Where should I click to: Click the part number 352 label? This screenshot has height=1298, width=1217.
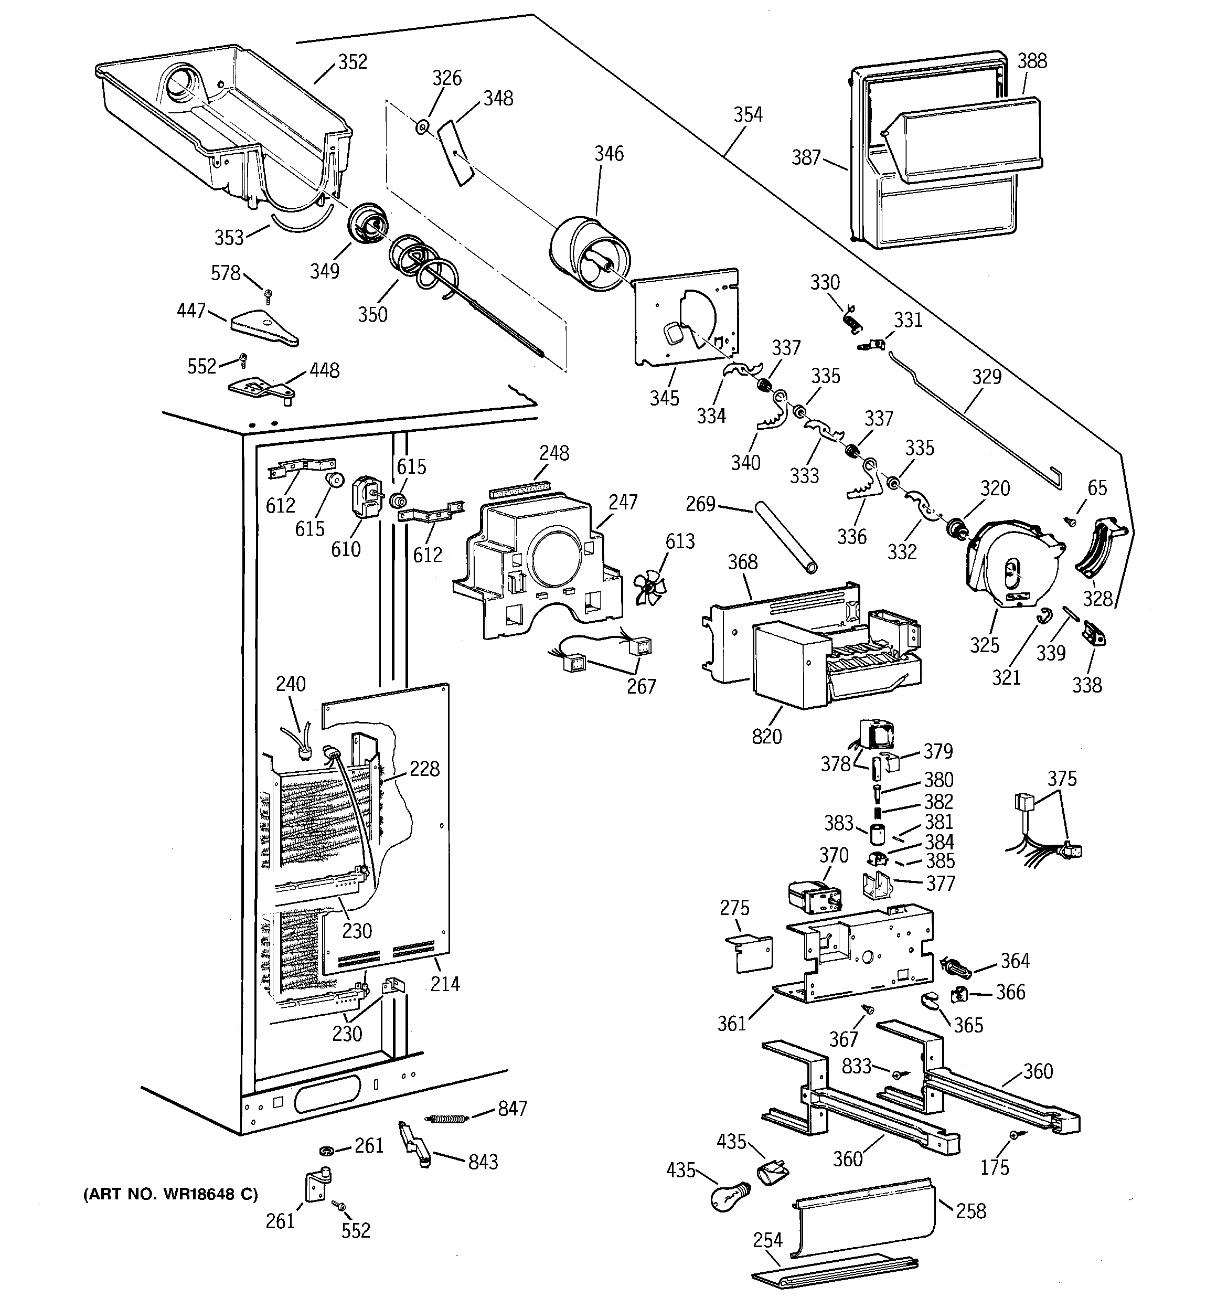pos(353,62)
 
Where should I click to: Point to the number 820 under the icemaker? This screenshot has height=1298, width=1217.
pos(766,737)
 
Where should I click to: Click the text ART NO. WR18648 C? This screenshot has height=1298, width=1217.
pos(170,1195)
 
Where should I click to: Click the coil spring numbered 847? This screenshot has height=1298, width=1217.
pos(448,1119)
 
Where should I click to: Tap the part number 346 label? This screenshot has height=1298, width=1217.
pos(608,154)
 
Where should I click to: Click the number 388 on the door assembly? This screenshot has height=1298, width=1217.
pos(1032,61)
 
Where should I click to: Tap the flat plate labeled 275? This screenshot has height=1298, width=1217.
pos(750,953)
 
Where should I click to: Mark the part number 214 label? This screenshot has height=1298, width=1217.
pos(445,984)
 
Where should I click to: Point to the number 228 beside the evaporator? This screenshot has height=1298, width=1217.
pos(424,769)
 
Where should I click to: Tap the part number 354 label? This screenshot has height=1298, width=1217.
pos(748,115)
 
